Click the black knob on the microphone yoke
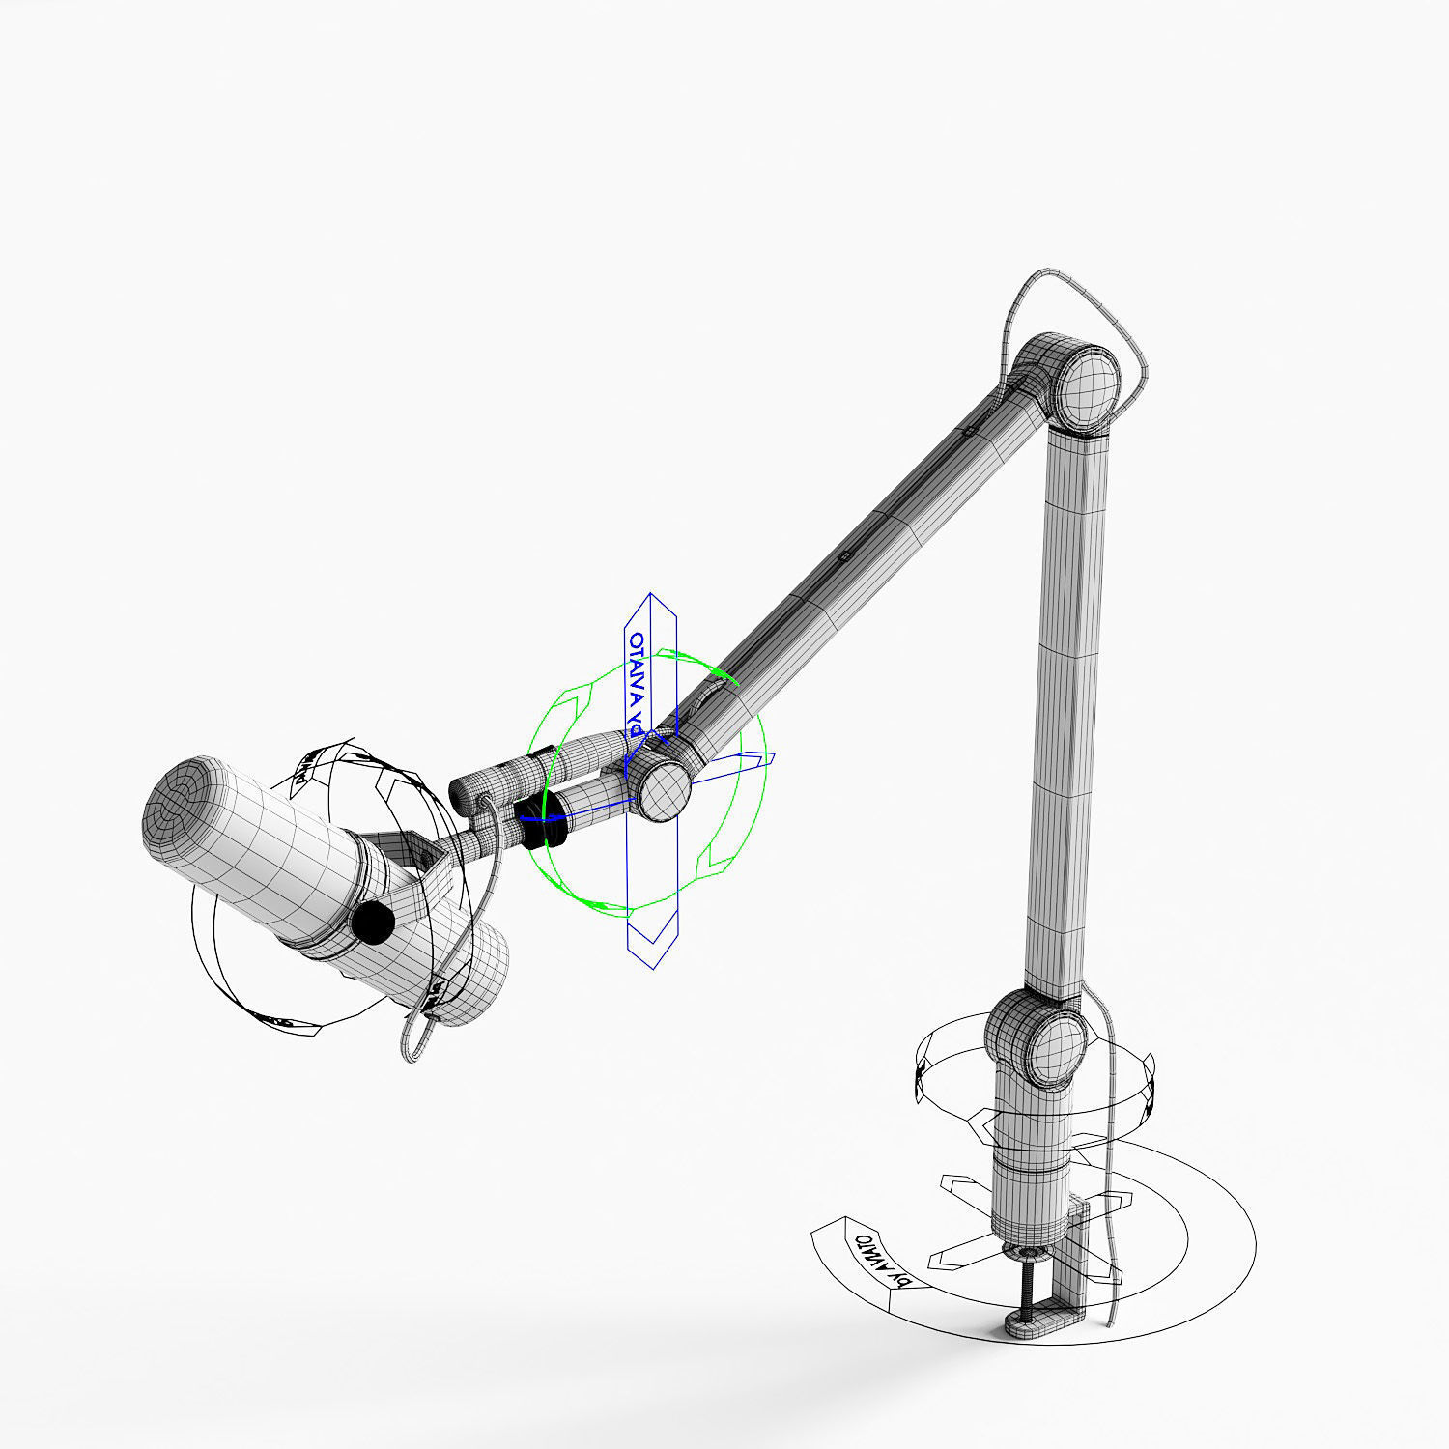[372, 923]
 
